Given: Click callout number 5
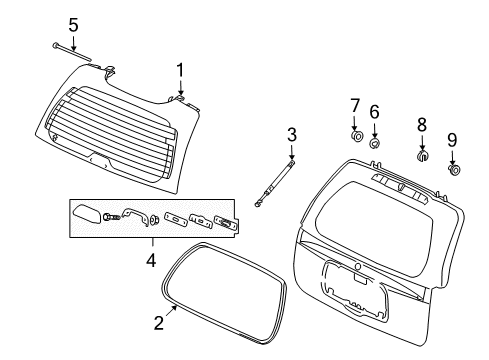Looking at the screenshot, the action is pyautogui.click(x=73, y=25).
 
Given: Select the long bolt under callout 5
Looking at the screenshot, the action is pyautogui.click(x=72, y=52).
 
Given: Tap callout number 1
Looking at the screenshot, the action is pyautogui.click(x=180, y=70).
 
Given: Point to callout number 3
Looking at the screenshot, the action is pyautogui.click(x=292, y=134).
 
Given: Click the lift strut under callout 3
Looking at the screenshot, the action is pyautogui.click(x=274, y=184).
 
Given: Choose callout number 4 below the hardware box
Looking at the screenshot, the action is pyautogui.click(x=151, y=260).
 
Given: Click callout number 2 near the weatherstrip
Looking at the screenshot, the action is pyautogui.click(x=159, y=322).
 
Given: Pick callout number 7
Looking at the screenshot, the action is pyautogui.click(x=355, y=105).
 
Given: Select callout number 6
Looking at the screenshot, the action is pyautogui.click(x=374, y=111).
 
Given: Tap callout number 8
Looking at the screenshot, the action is pyautogui.click(x=422, y=124).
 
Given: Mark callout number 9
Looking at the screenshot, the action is pyautogui.click(x=452, y=140).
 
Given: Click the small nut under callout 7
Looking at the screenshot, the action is pyautogui.click(x=357, y=136).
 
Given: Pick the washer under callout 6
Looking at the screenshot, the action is pyautogui.click(x=375, y=143).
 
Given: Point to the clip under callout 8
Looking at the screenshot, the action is pyautogui.click(x=423, y=155).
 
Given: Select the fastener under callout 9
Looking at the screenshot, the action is pyautogui.click(x=454, y=170).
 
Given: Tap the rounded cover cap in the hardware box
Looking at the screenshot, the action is pyautogui.click(x=87, y=215).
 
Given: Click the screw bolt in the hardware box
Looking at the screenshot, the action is pyautogui.click(x=112, y=217).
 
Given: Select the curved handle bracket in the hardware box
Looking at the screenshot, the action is pyautogui.click(x=135, y=216).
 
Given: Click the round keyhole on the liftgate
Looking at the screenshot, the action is pyautogui.click(x=358, y=266).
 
